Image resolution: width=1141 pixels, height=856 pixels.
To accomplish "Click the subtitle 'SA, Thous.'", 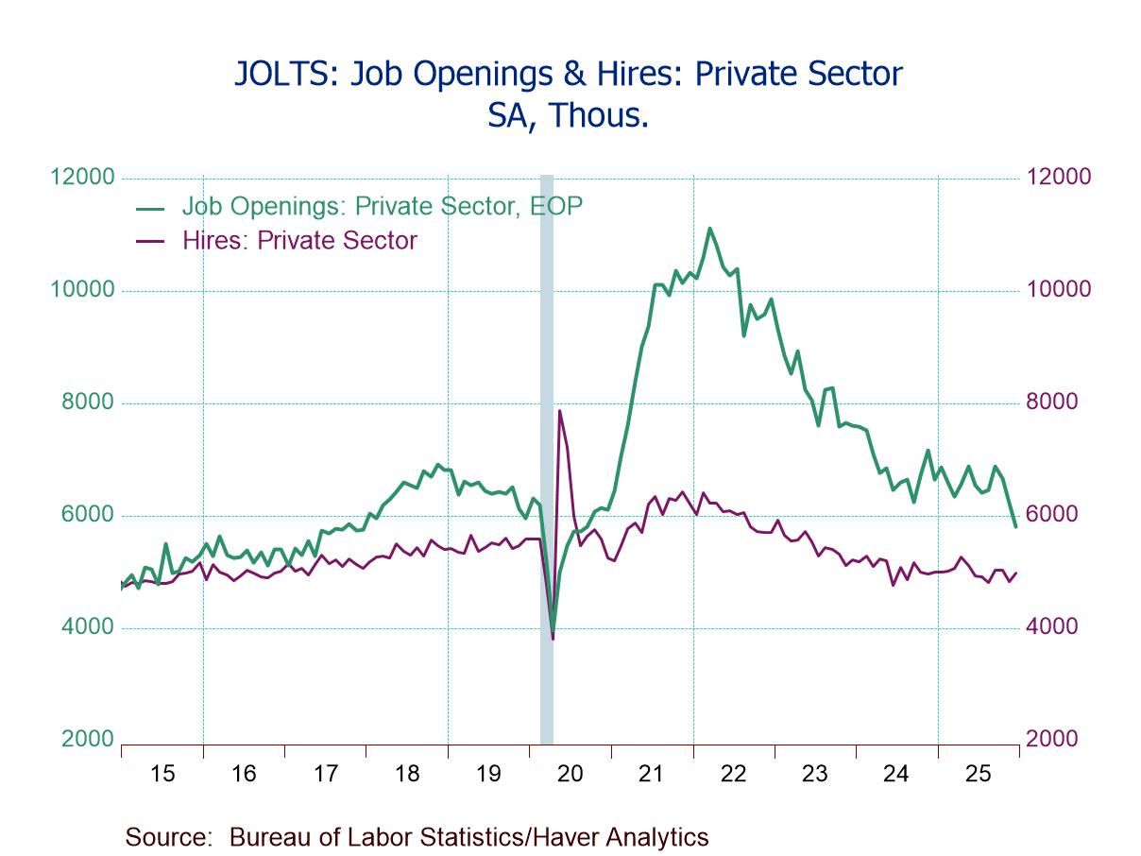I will coord(568,115).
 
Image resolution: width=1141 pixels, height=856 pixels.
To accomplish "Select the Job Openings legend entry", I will coord(382,206).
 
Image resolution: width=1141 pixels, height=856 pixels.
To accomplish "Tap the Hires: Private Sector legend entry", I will coord(299,240).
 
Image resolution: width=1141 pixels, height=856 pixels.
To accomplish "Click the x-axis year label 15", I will coord(162,774).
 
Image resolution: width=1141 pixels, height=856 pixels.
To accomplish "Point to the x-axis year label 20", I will coord(570,774).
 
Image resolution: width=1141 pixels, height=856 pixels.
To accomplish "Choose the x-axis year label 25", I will coord(978,774).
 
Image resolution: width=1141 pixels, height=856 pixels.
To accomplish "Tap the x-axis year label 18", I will coord(406,774).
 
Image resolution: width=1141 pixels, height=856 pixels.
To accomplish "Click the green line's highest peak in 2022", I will coord(709,228).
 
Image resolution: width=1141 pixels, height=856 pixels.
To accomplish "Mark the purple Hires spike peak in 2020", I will coord(559,410).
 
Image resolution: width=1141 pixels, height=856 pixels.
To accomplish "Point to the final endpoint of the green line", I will coord(1015,527).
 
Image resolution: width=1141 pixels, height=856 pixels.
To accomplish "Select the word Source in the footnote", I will coord(168,837).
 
